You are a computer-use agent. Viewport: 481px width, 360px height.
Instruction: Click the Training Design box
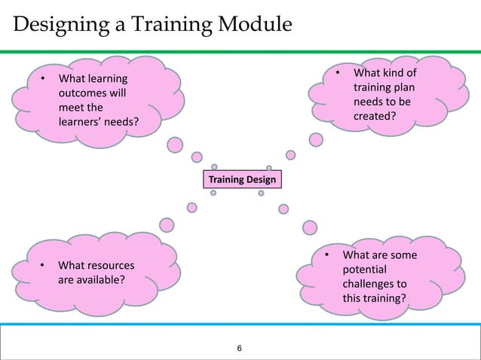[x=242, y=179]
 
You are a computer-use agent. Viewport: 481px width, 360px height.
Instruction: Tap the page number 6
[x=240, y=348]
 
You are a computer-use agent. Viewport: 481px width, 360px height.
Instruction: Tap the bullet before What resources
[x=44, y=266]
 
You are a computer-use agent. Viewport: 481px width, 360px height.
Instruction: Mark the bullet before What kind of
[x=339, y=74]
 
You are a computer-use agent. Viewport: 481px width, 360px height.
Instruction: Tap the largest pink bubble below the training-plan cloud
[x=317, y=140]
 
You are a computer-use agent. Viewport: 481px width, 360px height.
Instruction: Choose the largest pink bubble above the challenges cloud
[x=308, y=227]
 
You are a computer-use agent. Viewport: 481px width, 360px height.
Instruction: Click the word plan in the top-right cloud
[x=402, y=88]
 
